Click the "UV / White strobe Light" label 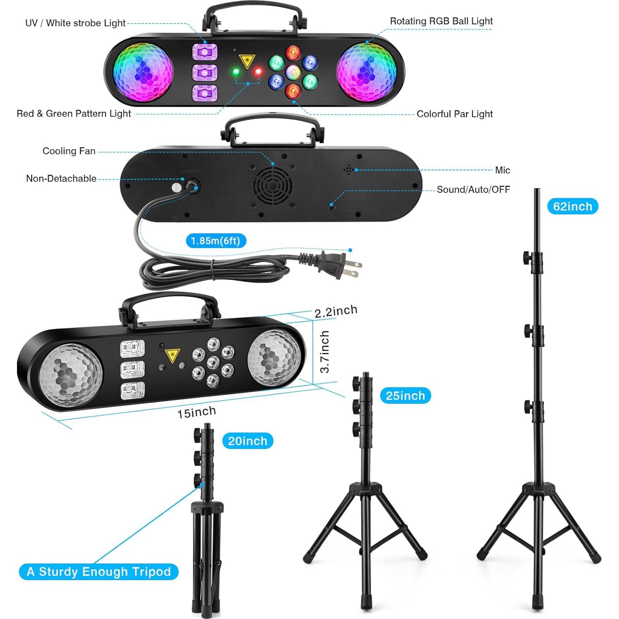(x=75, y=23)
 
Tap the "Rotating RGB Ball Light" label (x=441, y=22)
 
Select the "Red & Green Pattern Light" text (x=74, y=114)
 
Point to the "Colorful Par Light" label (x=454, y=114)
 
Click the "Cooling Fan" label (x=69, y=151)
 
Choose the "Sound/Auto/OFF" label (x=473, y=190)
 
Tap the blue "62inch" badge (x=572, y=206)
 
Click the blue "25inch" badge (x=405, y=396)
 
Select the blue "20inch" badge (x=247, y=441)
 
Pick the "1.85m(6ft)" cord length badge (x=216, y=241)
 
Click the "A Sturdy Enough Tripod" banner (x=98, y=572)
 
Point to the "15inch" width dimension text (x=197, y=413)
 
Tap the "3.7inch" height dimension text (x=325, y=351)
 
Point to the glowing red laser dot (x=258, y=72)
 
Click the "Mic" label (x=502, y=170)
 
